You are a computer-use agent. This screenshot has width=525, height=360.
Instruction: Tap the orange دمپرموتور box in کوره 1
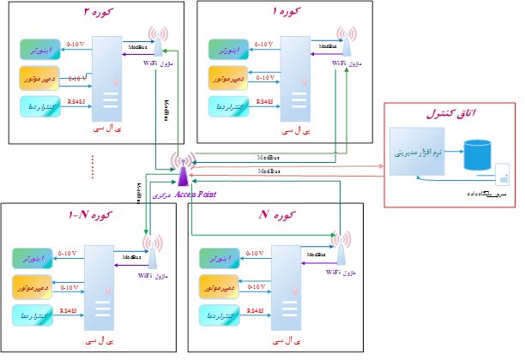[228, 79]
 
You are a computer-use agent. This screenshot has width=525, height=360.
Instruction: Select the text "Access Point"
[196, 195]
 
